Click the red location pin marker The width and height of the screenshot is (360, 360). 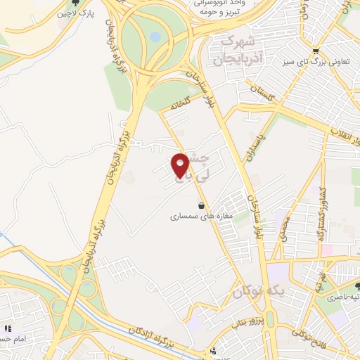(181, 165)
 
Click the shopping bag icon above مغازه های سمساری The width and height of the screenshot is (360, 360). (202, 205)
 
